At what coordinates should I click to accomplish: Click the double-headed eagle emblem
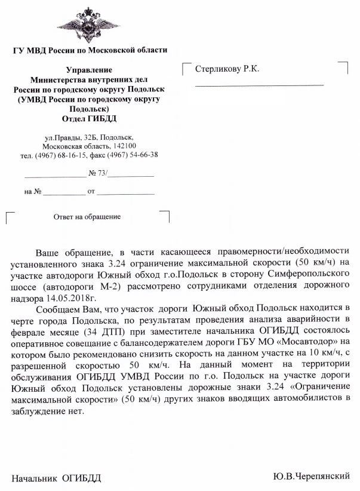[x=90, y=23]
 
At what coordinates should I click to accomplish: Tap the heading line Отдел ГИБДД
[x=90, y=118]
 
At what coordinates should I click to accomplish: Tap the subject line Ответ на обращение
[x=87, y=216]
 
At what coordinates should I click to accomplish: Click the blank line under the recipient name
[x=260, y=85]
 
